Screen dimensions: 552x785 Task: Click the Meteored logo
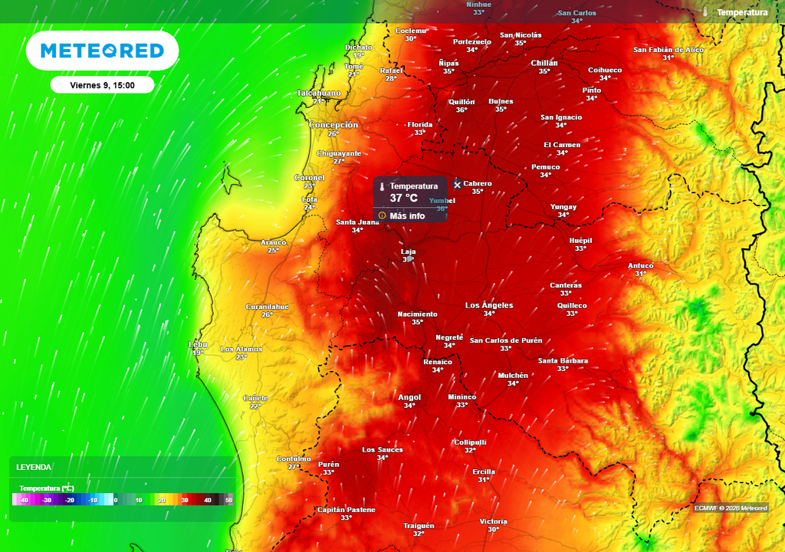[102, 51]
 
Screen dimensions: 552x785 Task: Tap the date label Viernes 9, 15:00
[102, 85]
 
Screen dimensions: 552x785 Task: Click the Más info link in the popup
[407, 215]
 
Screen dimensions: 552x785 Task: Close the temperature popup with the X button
[458, 184]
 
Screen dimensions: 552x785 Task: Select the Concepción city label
[333, 125]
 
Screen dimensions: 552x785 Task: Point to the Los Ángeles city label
[489, 305]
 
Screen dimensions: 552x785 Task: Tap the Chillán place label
[544, 63]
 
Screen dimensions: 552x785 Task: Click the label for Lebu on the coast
[198, 344]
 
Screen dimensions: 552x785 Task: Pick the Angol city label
[409, 397]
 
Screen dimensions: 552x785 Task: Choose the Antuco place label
[641, 266]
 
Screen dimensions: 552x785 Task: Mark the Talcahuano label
[318, 93]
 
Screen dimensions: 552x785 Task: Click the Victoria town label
[493, 521]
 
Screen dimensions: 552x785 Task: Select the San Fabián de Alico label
[668, 50]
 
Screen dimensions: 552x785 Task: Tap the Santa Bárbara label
[563, 360]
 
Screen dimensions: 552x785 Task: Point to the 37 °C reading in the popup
[404, 199]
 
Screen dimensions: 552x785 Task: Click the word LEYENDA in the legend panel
[34, 467]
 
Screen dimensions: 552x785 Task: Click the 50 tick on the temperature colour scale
[228, 500]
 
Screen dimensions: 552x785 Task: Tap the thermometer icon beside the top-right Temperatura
[705, 12]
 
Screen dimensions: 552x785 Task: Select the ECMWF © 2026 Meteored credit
[731, 508]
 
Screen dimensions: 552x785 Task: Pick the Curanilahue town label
[267, 307]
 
